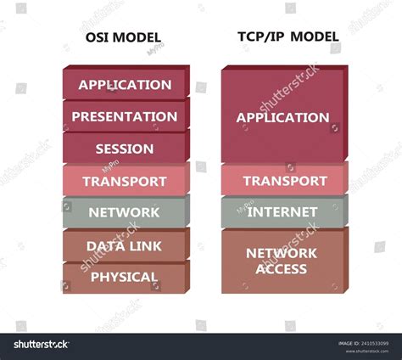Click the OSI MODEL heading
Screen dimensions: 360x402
125,38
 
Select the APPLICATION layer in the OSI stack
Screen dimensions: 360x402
125,85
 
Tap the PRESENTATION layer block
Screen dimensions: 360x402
125,116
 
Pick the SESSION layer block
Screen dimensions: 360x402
125,149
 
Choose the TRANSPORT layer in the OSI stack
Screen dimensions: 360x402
125,181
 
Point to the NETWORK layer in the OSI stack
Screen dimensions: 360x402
125,212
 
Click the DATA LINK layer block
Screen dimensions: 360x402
125,245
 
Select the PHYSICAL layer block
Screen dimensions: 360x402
125,277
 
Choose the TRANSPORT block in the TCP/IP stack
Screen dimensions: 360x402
284,181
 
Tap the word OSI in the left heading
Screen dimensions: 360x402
98,38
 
